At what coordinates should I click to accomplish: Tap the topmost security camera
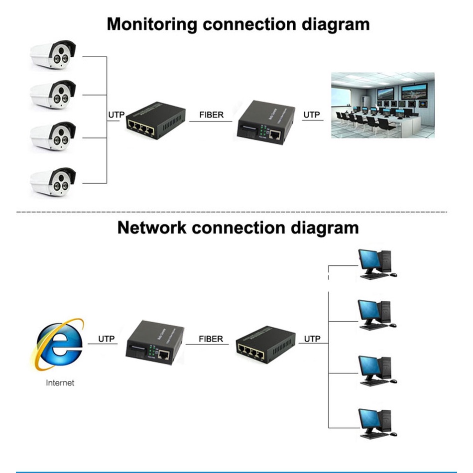point(53,55)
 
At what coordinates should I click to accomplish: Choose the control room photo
point(382,105)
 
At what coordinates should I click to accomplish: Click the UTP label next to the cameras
point(116,115)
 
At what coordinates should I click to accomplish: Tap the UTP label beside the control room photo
point(312,115)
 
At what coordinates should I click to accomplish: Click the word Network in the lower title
point(152,228)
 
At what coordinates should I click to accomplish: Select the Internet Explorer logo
point(59,343)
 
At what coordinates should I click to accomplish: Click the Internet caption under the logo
point(60,383)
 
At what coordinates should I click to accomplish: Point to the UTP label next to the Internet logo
point(107,339)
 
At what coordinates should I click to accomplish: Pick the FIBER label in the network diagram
point(211,339)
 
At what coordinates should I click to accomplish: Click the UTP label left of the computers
point(312,339)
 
